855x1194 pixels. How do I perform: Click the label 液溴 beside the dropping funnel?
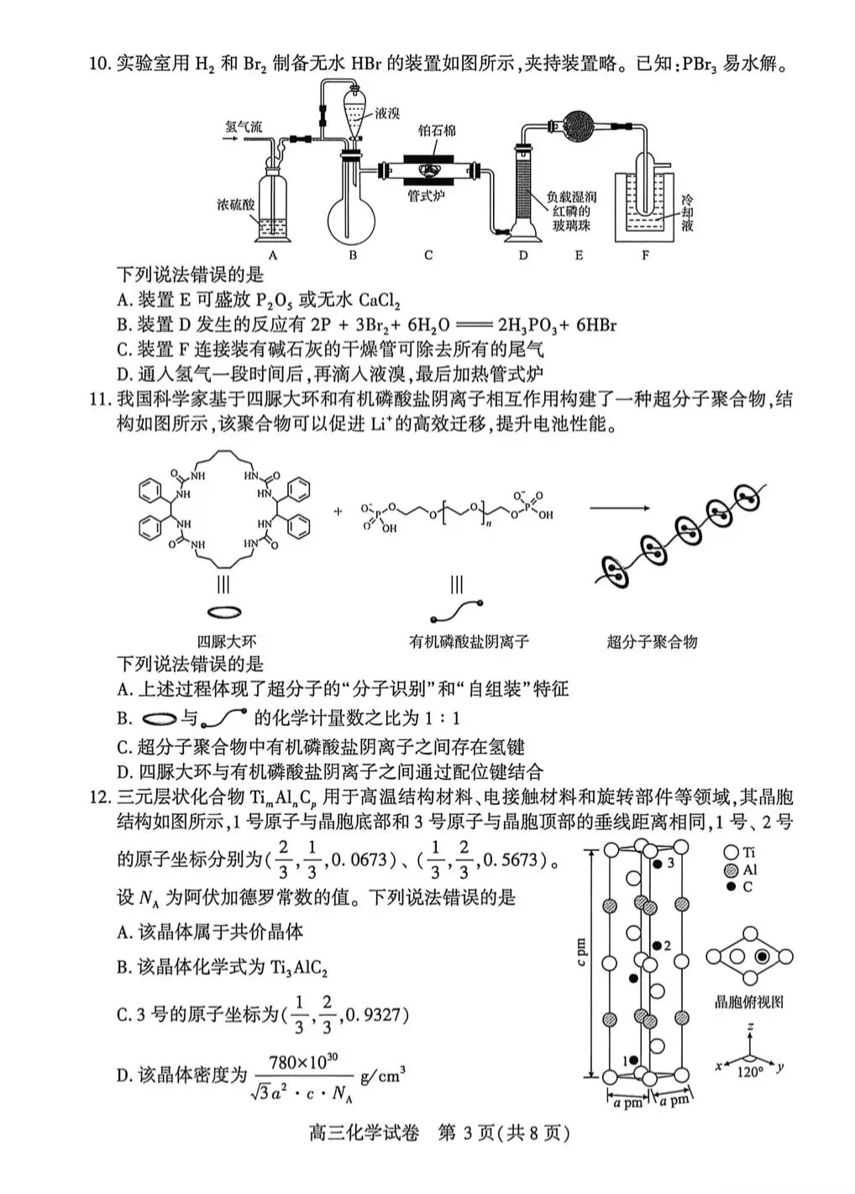(x=387, y=113)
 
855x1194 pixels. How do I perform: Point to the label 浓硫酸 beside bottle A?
(x=235, y=204)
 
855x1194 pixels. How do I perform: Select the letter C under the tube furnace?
(x=428, y=255)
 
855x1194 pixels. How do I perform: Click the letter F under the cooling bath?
(x=645, y=255)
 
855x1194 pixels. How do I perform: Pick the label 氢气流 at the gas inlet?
(x=244, y=127)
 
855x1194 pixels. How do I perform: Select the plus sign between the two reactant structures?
(x=338, y=511)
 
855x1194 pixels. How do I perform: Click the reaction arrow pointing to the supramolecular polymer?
(x=619, y=508)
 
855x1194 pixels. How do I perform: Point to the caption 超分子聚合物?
(x=652, y=642)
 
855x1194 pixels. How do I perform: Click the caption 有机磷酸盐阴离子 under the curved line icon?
(x=469, y=642)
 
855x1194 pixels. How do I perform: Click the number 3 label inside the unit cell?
(x=670, y=863)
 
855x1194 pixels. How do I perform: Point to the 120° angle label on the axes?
(x=749, y=1072)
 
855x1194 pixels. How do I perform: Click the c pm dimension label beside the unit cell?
(x=581, y=952)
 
